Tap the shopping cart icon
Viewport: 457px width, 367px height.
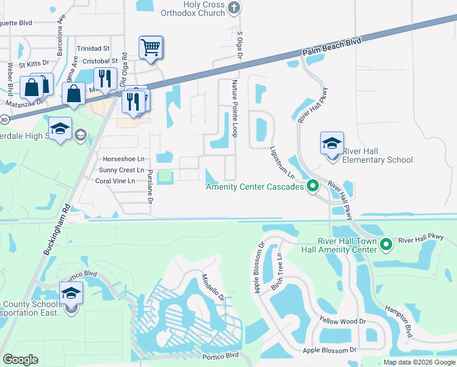click(x=151, y=47)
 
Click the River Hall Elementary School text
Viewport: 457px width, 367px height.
click(x=377, y=156)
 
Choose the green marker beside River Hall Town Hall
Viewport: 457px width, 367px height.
click(x=386, y=245)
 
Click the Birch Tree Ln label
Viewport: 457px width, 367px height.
click(x=277, y=272)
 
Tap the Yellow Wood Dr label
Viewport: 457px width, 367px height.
click(x=343, y=321)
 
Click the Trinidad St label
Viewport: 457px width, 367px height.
click(x=93, y=48)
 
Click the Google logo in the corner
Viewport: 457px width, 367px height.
click(x=20, y=360)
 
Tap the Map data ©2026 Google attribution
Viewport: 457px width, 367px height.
click(x=419, y=362)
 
